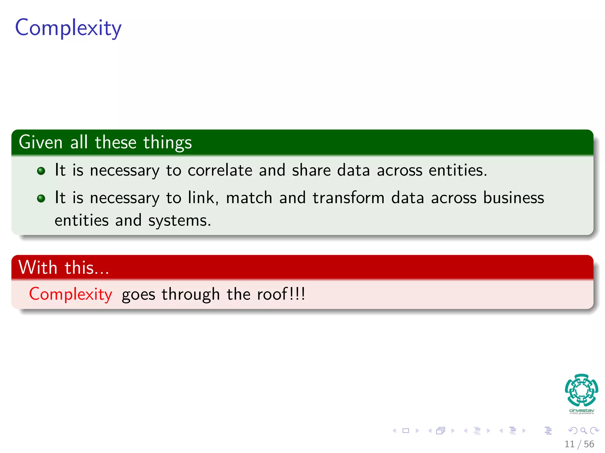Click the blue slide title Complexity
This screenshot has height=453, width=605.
click(x=68, y=28)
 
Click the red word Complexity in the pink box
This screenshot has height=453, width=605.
click(x=71, y=294)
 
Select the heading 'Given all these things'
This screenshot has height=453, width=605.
click(x=105, y=142)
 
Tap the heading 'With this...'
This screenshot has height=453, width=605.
click(x=64, y=267)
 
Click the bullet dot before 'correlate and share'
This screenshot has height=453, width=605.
click(x=41, y=171)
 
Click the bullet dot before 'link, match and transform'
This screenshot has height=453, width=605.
click(x=41, y=198)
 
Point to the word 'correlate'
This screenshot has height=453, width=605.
click(x=220, y=170)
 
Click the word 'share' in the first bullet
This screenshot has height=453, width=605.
click(x=311, y=170)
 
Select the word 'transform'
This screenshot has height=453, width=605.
click(x=348, y=198)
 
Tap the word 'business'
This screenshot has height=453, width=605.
click(x=513, y=198)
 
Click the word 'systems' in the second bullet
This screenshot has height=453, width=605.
click(x=179, y=221)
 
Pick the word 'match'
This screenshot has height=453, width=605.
click(x=249, y=198)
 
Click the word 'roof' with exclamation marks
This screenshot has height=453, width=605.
click(x=281, y=294)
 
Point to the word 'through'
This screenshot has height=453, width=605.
click(x=191, y=295)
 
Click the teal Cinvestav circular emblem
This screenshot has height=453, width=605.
click(x=581, y=390)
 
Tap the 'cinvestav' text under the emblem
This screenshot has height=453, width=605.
click(x=581, y=411)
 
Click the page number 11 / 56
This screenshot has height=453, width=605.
click(x=579, y=444)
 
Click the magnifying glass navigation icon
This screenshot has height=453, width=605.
click(x=583, y=431)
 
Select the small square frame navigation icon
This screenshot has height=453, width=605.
click(x=406, y=431)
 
